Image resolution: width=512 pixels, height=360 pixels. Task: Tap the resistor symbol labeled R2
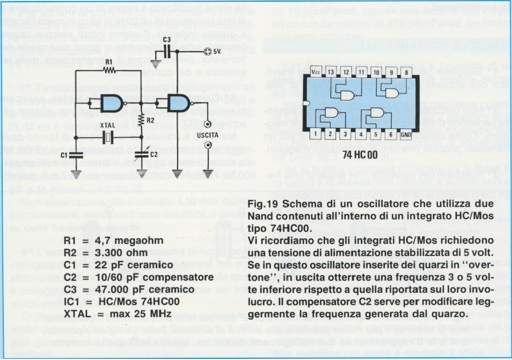click(142, 118)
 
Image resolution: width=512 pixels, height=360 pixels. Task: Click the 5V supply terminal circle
click(207, 51)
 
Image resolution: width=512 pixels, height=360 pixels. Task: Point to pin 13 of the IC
click(331, 72)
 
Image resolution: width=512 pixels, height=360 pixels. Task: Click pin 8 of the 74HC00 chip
click(406, 72)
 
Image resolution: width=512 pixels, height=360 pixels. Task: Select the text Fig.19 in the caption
click(265, 205)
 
